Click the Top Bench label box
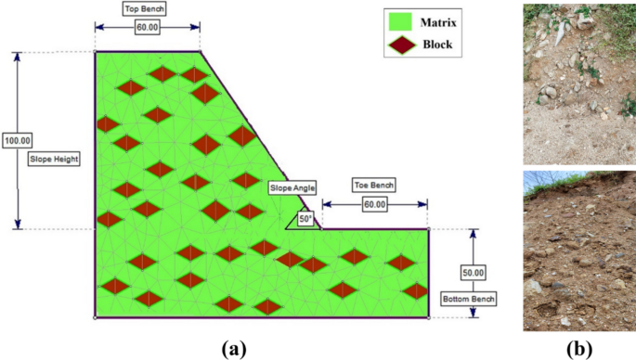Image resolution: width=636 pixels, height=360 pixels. pyautogui.click(x=147, y=8)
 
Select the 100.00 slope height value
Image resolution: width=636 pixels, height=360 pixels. pyautogui.click(x=18, y=140)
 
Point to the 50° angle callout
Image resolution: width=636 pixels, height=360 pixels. pyautogui.click(x=305, y=219)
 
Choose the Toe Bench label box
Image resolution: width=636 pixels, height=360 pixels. pyautogui.click(x=374, y=184)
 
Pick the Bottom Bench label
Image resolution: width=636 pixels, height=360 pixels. pyautogui.click(x=469, y=299)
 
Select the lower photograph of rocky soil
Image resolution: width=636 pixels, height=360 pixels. pyautogui.click(x=579, y=251)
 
